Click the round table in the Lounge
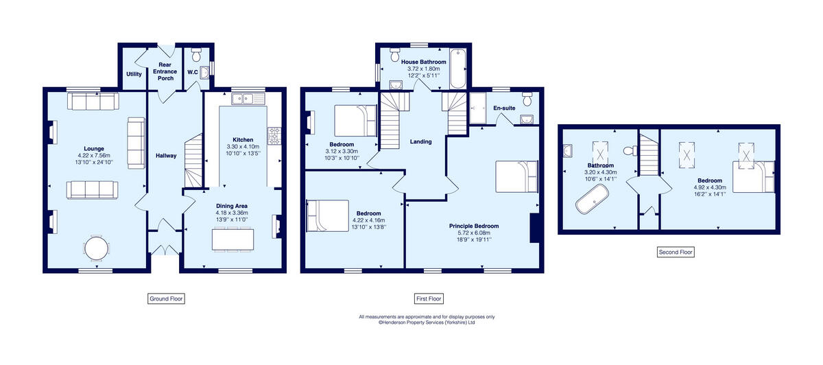click(96, 248)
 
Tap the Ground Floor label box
click(167, 298)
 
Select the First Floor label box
click(429, 298)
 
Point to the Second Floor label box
click(676, 252)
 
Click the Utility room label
click(134, 73)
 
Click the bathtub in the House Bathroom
click(457, 70)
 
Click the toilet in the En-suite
click(526, 99)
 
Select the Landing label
click(420, 142)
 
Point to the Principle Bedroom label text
click(474, 226)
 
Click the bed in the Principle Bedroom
click(516, 177)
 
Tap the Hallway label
click(166, 156)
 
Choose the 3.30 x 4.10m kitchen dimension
click(243, 146)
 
